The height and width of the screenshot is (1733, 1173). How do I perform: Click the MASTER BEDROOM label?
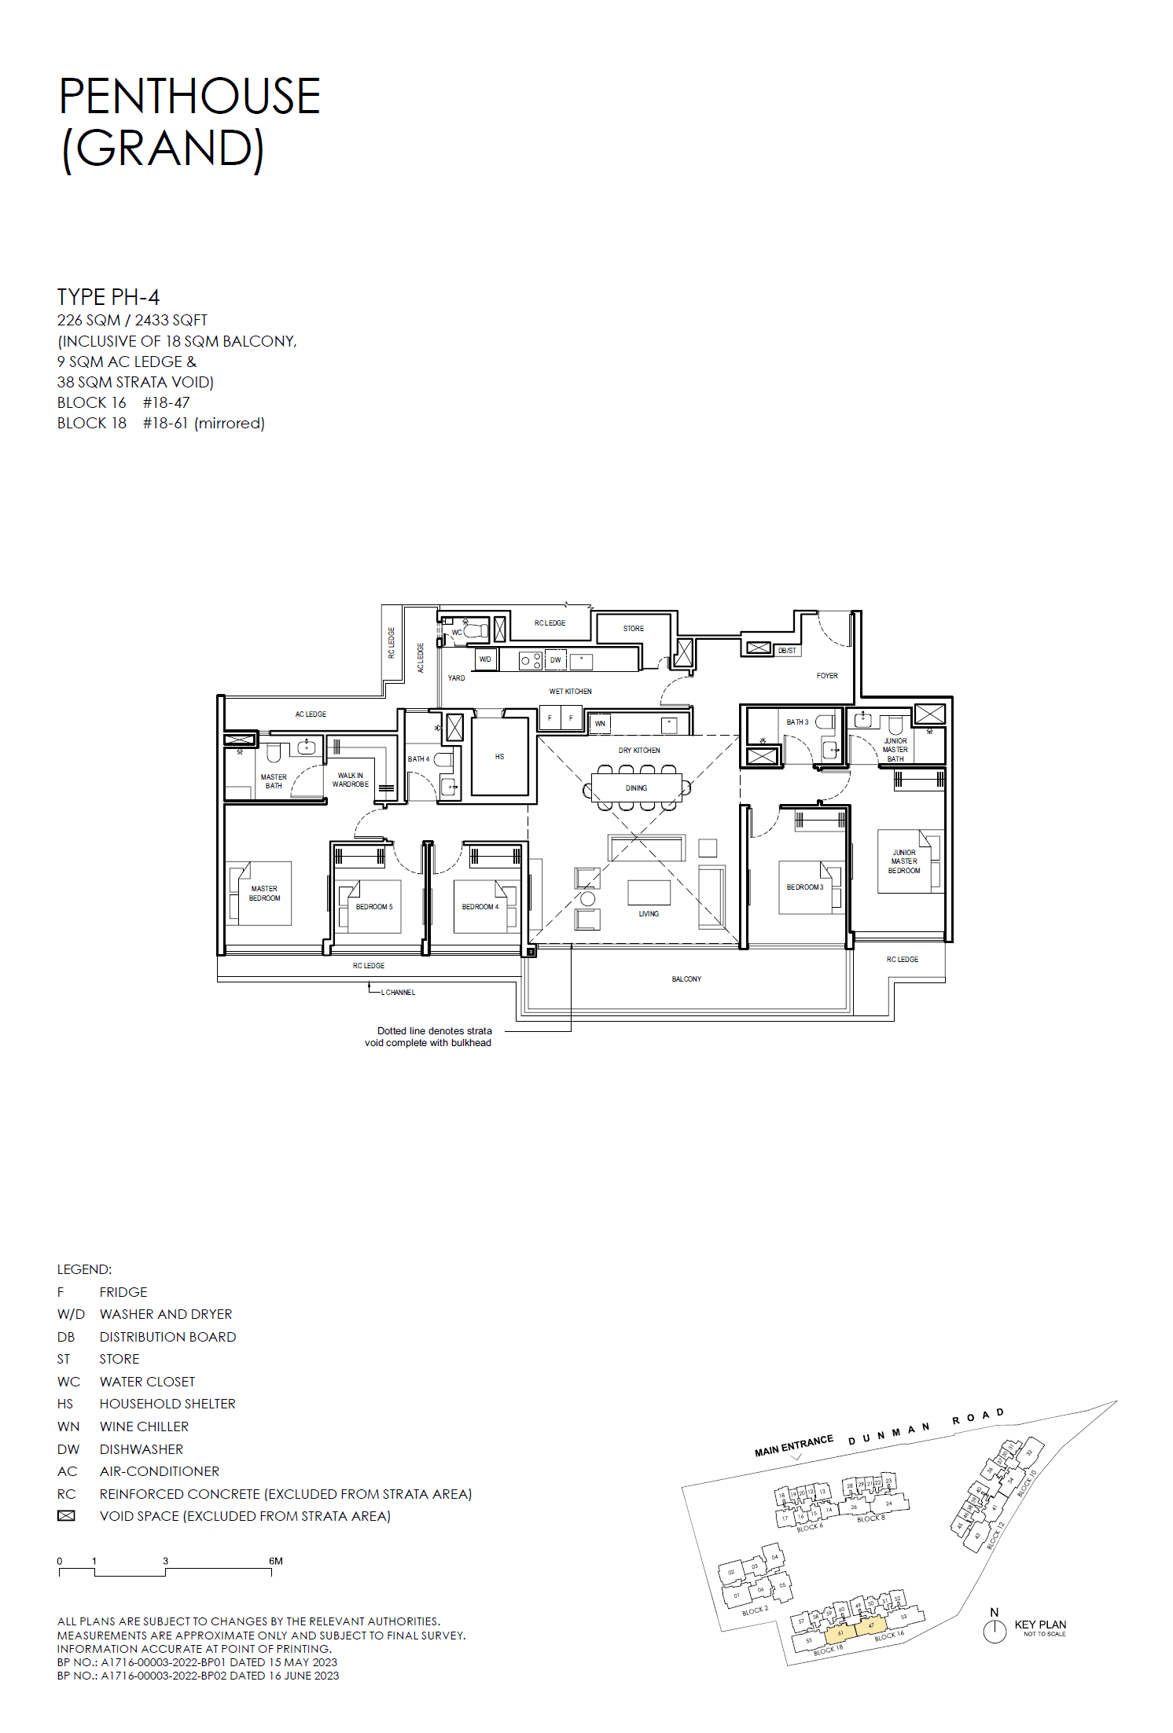264,894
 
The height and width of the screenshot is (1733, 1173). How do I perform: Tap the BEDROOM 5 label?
373,907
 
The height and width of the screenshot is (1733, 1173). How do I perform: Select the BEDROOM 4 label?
480,907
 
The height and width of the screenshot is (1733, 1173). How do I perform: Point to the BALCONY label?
686,979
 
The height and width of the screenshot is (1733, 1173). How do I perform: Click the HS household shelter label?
499,757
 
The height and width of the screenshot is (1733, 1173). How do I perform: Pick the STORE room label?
633,629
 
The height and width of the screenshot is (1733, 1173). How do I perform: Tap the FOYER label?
827,676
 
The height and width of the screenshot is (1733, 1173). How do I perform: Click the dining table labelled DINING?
637,788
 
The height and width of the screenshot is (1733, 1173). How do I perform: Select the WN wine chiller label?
600,724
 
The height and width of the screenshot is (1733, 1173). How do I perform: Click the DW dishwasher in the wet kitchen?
556,660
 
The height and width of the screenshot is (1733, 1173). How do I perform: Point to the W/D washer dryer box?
485,659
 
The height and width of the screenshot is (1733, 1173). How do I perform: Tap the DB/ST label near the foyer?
787,651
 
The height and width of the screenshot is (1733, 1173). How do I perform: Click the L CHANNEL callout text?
398,993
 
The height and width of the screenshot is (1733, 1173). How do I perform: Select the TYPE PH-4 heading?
108,297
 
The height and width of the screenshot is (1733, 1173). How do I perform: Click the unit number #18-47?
166,403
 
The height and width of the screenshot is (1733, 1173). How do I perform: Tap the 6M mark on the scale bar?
275,1561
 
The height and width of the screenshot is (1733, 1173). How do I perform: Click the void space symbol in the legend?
66,1516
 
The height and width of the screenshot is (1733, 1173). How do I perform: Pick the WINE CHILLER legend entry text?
144,1426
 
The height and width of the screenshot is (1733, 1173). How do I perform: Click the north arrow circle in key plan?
995,1632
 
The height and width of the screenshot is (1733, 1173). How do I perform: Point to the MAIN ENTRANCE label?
793,1446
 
